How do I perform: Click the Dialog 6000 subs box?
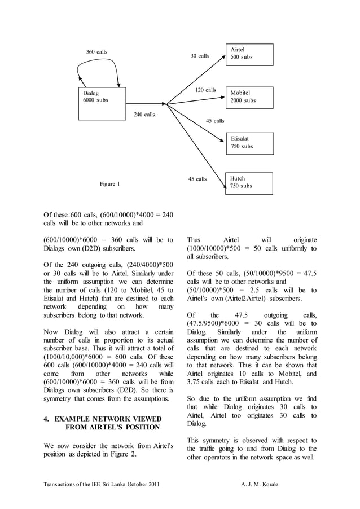click(102, 103)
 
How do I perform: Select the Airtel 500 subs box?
click(249, 55)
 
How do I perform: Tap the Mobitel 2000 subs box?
click(249, 97)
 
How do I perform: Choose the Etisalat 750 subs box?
click(249, 143)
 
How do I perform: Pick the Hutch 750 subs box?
click(249, 183)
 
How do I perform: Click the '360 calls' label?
click(96, 52)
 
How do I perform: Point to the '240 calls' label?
click(144, 115)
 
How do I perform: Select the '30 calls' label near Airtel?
click(199, 56)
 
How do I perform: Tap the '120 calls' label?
click(205, 90)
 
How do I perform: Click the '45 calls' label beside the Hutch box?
click(197, 179)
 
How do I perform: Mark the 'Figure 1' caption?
click(110, 184)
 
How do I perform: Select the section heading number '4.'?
click(47, 419)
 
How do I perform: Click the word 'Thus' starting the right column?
click(194, 240)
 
